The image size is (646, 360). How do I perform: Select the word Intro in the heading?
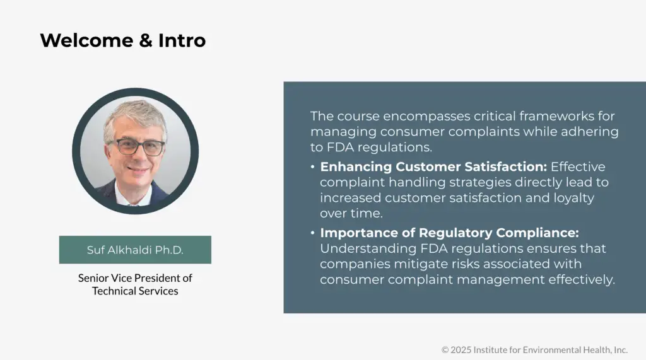coord(182,40)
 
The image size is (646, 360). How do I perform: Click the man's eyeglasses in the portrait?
coord(136,147)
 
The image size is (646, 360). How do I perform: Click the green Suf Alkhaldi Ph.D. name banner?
coord(135,250)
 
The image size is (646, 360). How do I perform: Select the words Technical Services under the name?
coord(135,291)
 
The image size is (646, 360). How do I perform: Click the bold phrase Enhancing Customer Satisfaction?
coord(434,167)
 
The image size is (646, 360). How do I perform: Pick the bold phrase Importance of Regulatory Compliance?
coord(449,233)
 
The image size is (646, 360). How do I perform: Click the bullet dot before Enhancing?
coord(313,167)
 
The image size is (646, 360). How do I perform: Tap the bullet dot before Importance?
coord(313,233)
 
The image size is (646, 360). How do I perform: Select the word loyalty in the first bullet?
coord(570,198)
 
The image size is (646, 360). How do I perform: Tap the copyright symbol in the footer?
coord(445,349)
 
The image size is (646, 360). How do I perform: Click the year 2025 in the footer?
coord(461,349)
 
